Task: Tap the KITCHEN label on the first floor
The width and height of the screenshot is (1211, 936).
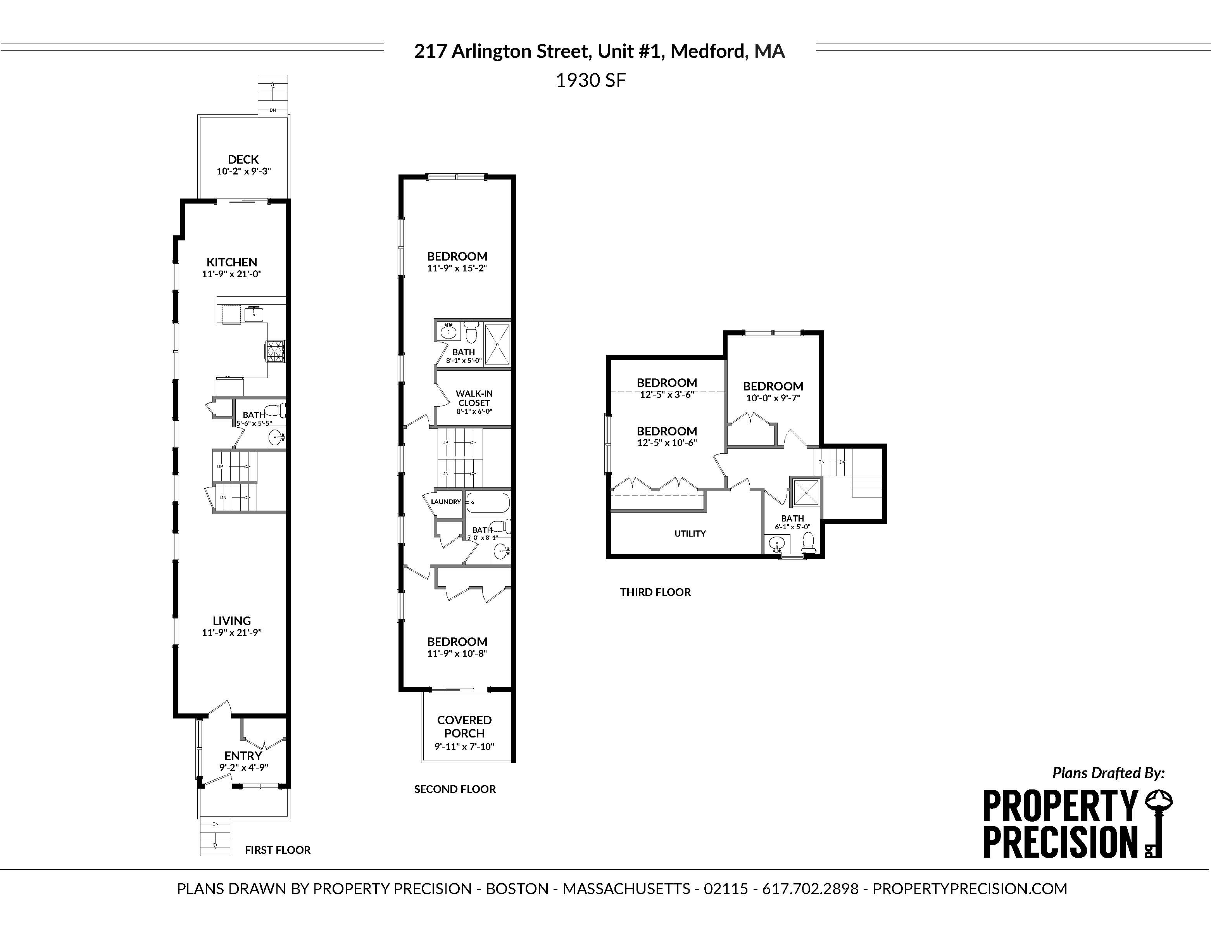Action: (x=232, y=262)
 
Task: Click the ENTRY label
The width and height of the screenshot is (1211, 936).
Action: (x=243, y=756)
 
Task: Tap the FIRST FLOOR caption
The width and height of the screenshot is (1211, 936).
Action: (x=278, y=850)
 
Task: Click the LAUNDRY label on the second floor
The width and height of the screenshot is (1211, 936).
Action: (x=446, y=502)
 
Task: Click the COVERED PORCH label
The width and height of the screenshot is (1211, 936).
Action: (x=464, y=726)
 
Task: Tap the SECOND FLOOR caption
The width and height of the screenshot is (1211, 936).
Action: (x=455, y=789)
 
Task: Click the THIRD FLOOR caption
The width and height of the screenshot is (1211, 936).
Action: (x=656, y=592)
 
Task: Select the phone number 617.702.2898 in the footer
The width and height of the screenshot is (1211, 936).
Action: (x=810, y=889)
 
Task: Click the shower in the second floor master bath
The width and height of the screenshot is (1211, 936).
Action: (x=497, y=344)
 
